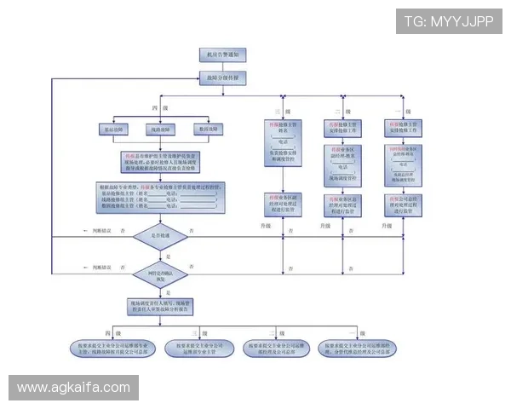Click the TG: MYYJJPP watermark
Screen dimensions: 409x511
pyautogui.click(x=448, y=20)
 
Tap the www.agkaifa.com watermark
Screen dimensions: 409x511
pyautogui.click(x=74, y=388)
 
